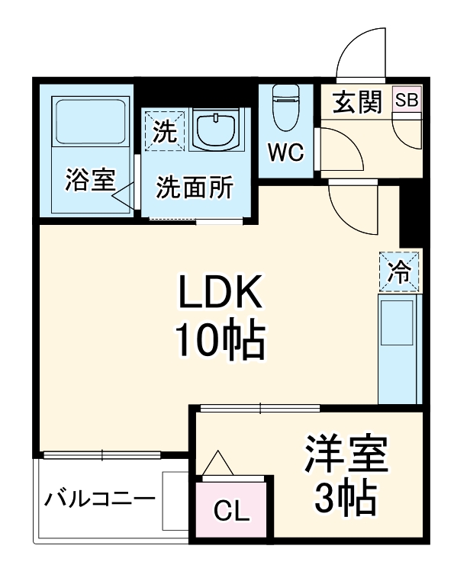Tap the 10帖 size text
coord(221,341)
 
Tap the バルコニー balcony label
coord(98,500)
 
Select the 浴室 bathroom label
coord(89,181)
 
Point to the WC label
coord(285,152)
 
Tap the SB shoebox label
coord(405,100)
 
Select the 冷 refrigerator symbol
coord(399,271)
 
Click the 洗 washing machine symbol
coord(165,131)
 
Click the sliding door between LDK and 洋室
coord(259,409)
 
